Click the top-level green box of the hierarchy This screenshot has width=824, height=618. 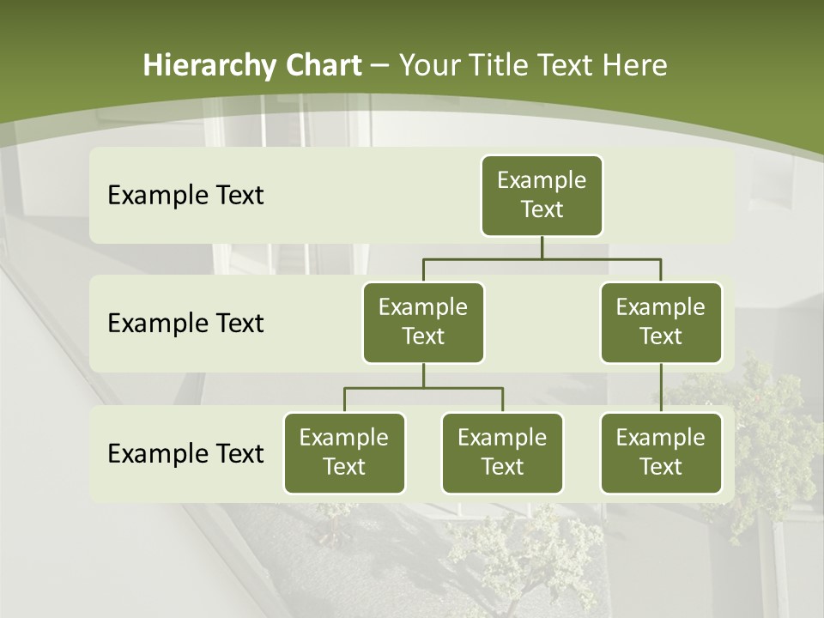tap(542, 196)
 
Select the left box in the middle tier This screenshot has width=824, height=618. tap(423, 323)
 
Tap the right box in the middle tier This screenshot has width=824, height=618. tap(661, 323)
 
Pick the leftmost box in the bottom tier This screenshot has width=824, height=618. tap(344, 453)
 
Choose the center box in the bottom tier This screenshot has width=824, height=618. tap(502, 453)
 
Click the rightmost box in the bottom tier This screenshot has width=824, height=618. tap(661, 453)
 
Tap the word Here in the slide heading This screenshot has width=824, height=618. tap(634, 65)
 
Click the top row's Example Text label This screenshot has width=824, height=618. tap(185, 196)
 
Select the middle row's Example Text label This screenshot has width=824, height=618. tap(185, 324)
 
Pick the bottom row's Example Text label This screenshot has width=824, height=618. tap(185, 453)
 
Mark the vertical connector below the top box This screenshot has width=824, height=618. tap(542, 247)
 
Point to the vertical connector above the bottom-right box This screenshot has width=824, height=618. tap(661, 388)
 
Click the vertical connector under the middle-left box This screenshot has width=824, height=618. tap(423, 375)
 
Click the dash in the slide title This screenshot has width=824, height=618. tap(379, 66)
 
